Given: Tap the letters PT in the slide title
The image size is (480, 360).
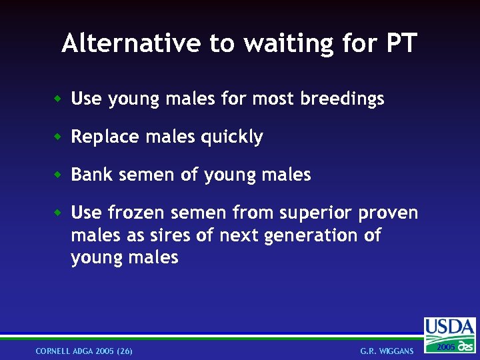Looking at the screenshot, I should coord(401,43).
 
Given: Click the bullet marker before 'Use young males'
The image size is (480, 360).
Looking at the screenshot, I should coord(58,99).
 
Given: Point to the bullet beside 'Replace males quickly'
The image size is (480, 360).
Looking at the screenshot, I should coord(58,137).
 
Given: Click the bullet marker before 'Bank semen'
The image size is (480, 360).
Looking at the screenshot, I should coord(58,175).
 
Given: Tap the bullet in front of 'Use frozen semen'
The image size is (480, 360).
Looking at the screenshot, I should coord(58,213).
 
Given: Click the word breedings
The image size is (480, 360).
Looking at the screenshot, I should coord(342,99).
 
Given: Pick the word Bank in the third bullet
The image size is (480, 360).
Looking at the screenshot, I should coord(89,175).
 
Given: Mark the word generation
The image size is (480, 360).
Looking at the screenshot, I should coord(311,236).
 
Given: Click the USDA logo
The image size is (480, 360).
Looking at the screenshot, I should coord(450,334).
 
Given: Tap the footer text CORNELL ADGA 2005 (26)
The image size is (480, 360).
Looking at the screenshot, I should coord(84,351).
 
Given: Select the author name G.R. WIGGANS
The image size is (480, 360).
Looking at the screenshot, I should coord(387,351).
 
